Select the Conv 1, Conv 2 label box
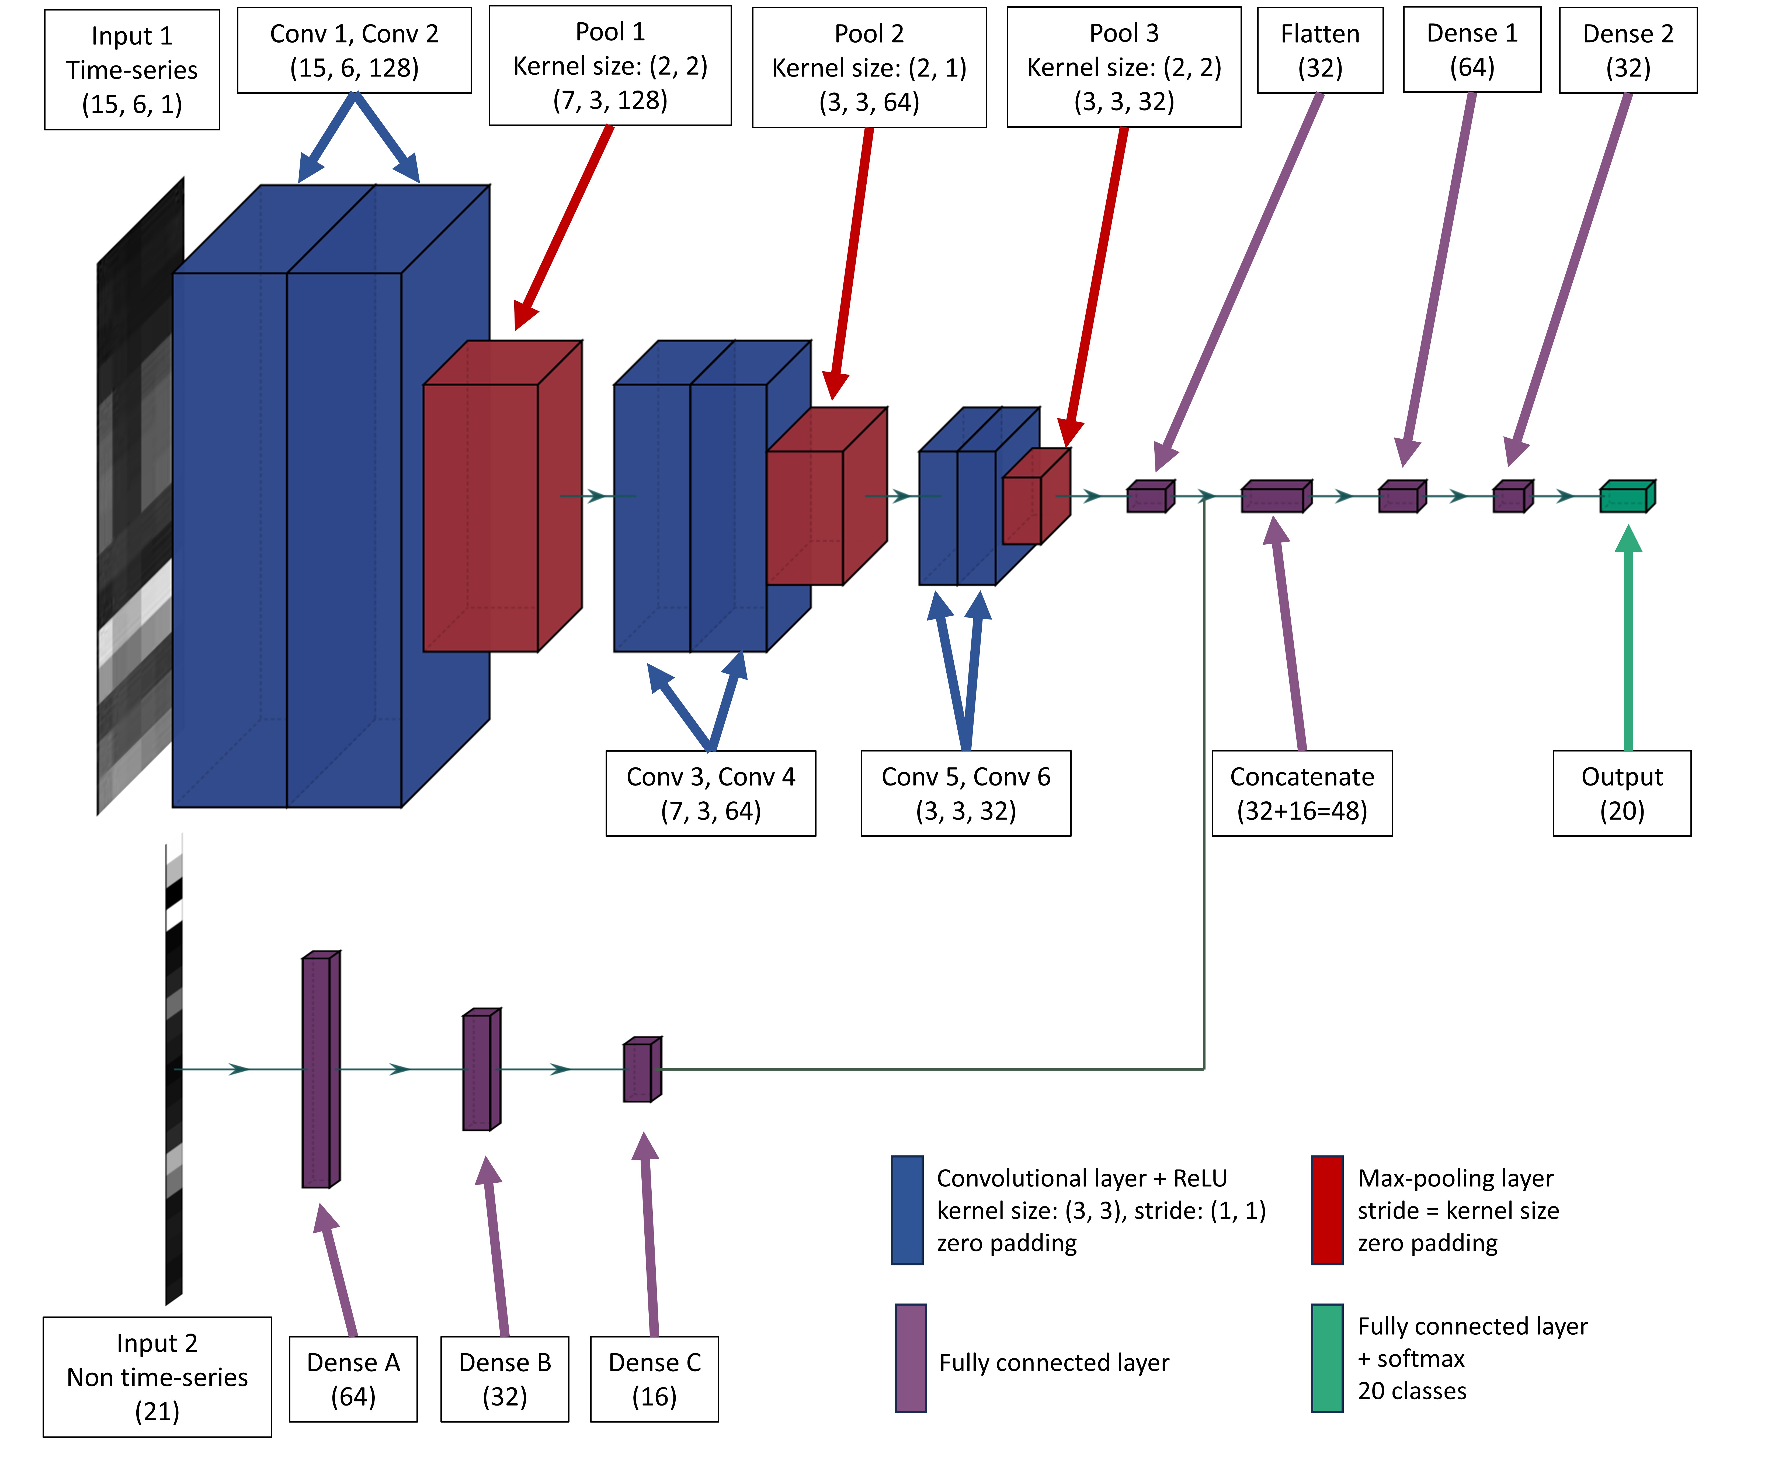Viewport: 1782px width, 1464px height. click(354, 51)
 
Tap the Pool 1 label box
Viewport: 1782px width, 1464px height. click(610, 66)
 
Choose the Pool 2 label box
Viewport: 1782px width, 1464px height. click(869, 67)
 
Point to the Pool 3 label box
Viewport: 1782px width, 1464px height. click(1124, 67)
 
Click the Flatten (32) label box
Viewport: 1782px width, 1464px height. click(1320, 51)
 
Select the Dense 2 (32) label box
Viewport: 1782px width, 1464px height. click(1628, 51)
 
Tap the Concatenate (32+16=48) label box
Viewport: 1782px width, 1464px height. click(1301, 793)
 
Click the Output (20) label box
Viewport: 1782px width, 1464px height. click(1622, 793)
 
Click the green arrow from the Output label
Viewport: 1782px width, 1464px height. click(1628, 641)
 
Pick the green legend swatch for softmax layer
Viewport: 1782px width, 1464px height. click(1327, 1358)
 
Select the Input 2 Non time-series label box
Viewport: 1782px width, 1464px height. click(158, 1376)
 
